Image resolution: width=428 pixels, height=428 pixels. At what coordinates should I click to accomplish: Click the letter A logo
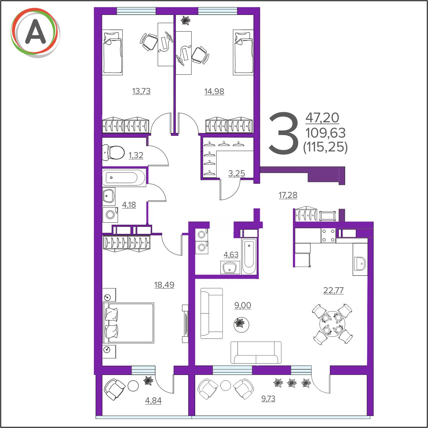point(35,33)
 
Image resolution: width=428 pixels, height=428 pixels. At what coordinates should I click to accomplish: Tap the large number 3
point(284,133)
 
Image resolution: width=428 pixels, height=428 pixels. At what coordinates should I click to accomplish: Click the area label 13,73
point(141,91)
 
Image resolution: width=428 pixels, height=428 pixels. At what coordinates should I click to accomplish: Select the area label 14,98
point(214,91)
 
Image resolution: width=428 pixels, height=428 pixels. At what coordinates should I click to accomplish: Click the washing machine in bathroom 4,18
point(110,215)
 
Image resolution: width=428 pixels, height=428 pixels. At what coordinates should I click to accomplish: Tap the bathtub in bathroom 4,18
point(124,178)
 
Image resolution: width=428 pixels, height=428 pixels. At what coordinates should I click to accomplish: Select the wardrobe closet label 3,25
point(236,173)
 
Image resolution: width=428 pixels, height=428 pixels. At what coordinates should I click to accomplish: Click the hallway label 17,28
point(288,195)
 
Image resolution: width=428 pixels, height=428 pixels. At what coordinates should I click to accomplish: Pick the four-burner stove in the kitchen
point(328,235)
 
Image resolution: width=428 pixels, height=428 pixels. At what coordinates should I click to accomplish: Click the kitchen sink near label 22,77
point(360,264)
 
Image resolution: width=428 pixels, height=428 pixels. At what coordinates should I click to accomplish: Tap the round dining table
point(332,324)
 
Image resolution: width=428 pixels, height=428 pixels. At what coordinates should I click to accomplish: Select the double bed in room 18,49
point(128,323)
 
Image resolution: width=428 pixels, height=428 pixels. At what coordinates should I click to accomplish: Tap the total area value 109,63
point(325,133)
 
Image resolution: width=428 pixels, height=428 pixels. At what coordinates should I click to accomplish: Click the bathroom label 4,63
point(231,255)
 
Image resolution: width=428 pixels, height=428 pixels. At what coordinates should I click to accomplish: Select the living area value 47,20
point(322,118)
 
